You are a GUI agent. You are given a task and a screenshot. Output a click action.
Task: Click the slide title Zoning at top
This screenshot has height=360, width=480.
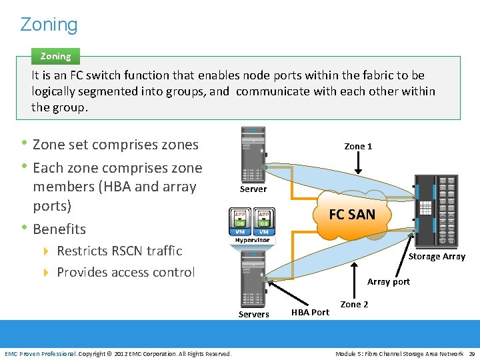(x=49, y=25)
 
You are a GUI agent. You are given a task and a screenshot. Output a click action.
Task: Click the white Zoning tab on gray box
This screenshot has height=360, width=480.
(x=55, y=57)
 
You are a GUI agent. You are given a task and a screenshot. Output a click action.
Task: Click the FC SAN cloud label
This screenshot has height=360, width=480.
(x=351, y=214)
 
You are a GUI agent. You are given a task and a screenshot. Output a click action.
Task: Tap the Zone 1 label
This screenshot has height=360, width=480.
(x=358, y=146)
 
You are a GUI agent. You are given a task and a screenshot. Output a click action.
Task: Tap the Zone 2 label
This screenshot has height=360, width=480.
(x=354, y=305)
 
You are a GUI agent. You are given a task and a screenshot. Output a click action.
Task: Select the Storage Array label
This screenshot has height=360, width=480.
(x=437, y=257)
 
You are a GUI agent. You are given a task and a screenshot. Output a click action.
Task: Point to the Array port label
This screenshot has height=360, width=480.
(x=388, y=282)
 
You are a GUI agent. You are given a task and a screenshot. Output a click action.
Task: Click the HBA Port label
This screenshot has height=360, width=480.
(x=310, y=312)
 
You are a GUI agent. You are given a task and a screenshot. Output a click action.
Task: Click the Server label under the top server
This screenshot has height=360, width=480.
(x=253, y=189)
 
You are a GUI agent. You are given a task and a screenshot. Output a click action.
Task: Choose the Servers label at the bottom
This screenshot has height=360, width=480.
(x=253, y=315)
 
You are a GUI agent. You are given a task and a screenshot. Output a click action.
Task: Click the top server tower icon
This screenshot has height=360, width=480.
(x=253, y=155)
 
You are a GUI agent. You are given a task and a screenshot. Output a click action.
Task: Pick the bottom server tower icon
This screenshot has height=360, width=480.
(x=253, y=281)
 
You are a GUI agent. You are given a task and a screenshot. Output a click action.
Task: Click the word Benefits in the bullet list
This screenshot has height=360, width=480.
(x=59, y=229)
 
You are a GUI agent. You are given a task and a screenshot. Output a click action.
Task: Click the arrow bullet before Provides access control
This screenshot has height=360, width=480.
(x=46, y=273)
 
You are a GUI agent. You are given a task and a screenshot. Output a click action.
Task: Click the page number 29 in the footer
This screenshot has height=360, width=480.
(x=471, y=353)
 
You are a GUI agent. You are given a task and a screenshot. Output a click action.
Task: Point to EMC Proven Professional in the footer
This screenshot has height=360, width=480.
(x=41, y=353)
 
